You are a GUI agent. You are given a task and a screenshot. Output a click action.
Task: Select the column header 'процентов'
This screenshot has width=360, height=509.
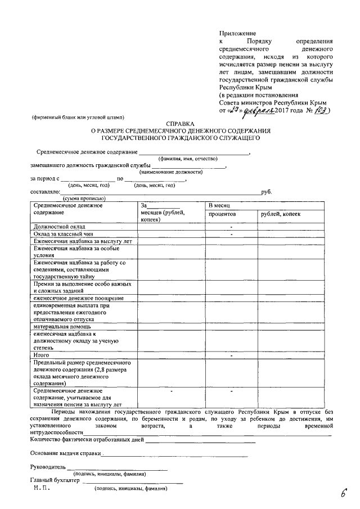coord(222,214)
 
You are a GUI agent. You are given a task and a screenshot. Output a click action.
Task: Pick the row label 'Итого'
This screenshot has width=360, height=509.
coord(42,355)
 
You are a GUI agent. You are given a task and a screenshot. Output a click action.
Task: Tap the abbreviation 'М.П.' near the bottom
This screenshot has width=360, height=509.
coord(42,488)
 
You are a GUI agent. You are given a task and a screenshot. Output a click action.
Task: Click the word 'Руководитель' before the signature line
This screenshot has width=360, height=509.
coord(48,467)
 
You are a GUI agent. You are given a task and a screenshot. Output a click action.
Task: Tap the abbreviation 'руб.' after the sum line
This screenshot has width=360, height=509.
coord(267,191)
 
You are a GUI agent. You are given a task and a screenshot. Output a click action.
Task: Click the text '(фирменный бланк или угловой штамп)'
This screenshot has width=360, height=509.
coord(76,118)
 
